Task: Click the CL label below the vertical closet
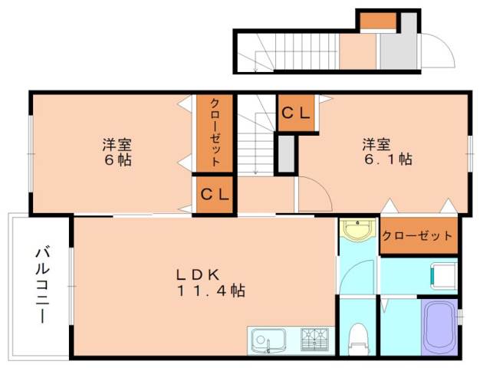[x=215, y=195]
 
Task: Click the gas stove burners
[x=316, y=338]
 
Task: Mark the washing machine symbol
[x=443, y=271]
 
